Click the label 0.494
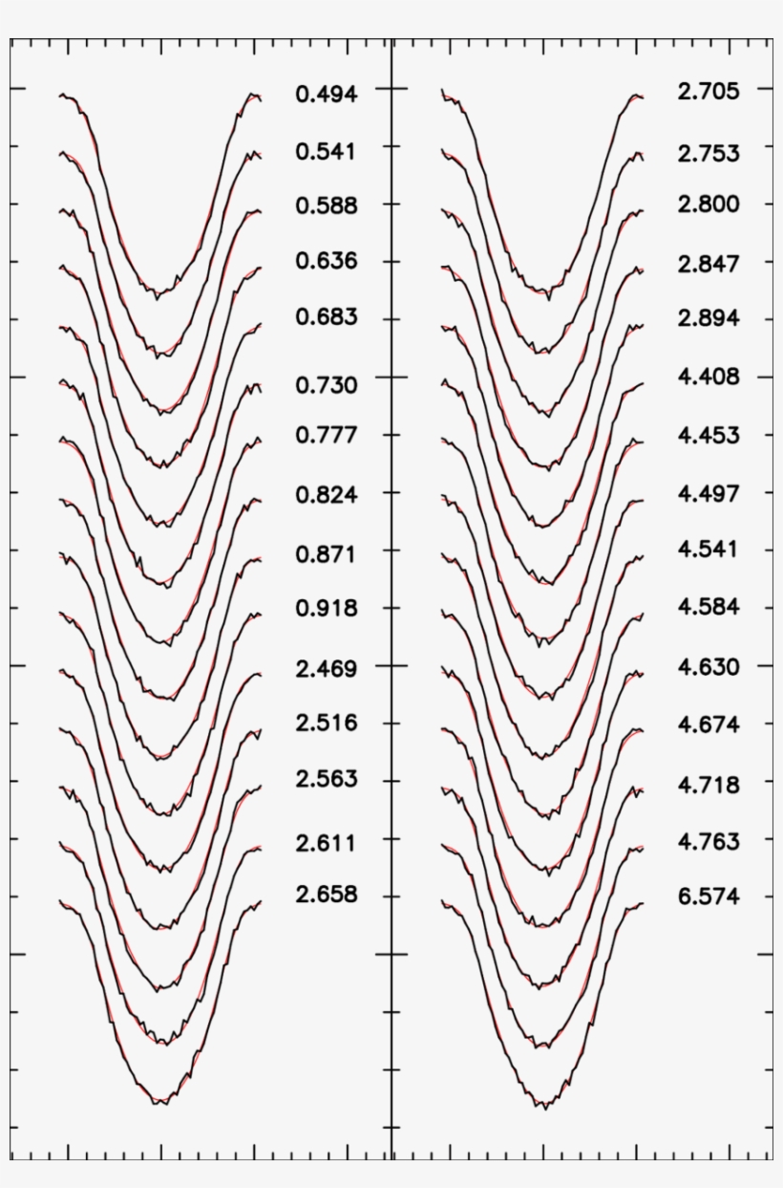327,94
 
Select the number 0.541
327,151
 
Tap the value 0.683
327,317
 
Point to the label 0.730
327,385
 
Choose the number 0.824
327,495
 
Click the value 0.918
327,608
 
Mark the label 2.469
327,669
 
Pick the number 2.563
327,779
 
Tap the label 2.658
327,895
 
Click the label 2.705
709,92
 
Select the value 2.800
709,205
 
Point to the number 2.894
709,318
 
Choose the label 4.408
709,377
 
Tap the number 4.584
709,607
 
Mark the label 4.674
709,725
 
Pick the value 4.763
709,842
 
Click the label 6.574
709,896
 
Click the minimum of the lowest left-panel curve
158,1104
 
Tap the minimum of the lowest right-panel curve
545,1108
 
